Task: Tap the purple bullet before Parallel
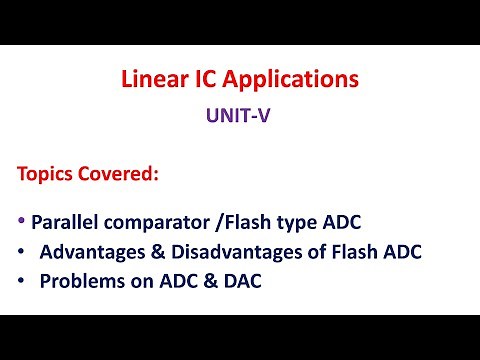(x=22, y=218)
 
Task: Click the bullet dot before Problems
(x=22, y=281)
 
